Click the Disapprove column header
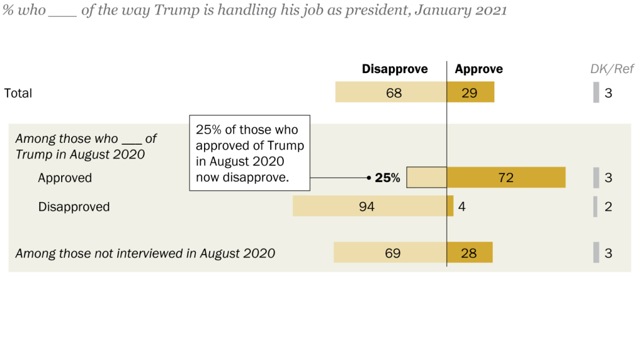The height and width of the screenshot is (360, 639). [394, 69]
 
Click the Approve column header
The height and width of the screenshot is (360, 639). [479, 69]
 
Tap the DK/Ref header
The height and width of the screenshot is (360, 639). [612, 69]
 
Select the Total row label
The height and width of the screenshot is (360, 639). [18, 93]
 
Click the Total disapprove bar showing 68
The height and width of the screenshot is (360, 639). [391, 92]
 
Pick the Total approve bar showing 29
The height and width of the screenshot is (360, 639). [471, 92]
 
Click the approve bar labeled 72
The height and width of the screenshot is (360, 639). [506, 177]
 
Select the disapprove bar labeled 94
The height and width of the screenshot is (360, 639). [369, 206]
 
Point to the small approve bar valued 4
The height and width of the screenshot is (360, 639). [451, 206]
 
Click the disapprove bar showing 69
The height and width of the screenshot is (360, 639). [390, 253]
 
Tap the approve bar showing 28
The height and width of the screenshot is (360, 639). [470, 253]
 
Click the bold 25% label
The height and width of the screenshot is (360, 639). [387, 178]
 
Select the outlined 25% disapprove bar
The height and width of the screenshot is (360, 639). [426, 177]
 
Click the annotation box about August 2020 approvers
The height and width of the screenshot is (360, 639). [250, 153]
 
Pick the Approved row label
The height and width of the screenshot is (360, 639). [65, 178]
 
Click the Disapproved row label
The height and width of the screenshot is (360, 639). [74, 207]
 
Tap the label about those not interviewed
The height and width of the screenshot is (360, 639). [145, 253]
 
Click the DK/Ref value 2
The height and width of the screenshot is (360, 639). [608, 207]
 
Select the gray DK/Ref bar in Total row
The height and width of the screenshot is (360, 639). [596, 92]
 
